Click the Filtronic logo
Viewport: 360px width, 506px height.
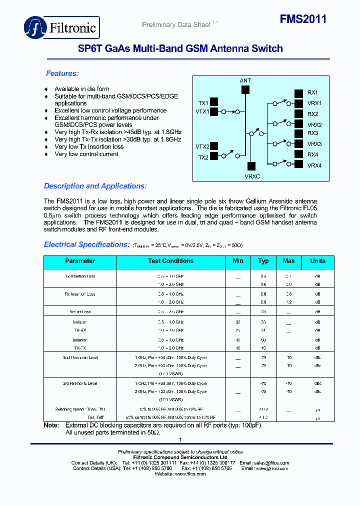(x=62, y=27)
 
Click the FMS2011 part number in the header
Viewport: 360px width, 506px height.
(x=303, y=19)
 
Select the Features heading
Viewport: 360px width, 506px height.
(x=62, y=73)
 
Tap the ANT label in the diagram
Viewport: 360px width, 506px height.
(x=245, y=80)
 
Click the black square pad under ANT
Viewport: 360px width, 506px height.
(x=245, y=90)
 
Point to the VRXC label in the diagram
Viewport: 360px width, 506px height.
(x=252, y=176)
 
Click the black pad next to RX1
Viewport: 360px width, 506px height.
(x=298, y=93)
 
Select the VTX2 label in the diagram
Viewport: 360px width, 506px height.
(x=202, y=146)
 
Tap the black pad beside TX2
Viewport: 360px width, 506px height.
(x=213, y=157)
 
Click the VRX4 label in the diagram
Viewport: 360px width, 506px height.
(x=314, y=165)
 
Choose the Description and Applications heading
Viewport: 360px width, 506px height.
(x=95, y=186)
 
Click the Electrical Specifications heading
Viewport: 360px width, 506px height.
(x=87, y=244)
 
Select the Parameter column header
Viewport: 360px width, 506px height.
(x=80, y=261)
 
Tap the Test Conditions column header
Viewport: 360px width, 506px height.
(x=170, y=261)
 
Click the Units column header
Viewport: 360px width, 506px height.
(x=317, y=261)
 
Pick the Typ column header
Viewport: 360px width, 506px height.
(x=263, y=261)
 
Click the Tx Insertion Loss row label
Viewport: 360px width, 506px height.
(x=80, y=276)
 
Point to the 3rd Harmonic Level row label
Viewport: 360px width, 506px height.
(x=80, y=383)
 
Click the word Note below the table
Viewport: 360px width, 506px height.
(x=51, y=425)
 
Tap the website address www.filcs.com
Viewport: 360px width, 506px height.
(x=188, y=474)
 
